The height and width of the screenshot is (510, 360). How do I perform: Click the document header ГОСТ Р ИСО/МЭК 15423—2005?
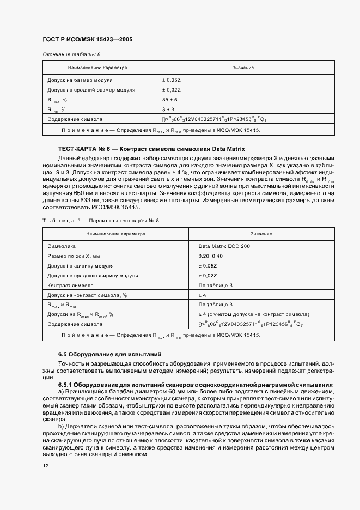pyautogui.click(x=87, y=40)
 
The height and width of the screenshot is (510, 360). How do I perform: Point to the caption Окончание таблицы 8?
pyautogui.click(x=71, y=54)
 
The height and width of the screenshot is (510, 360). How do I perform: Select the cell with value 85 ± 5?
pyautogui.click(x=169, y=99)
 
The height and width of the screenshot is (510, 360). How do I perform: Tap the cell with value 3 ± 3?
pyautogui.click(x=167, y=109)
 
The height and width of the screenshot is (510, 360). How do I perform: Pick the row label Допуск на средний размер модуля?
pyautogui.click(x=91, y=90)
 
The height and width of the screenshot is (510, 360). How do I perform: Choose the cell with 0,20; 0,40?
pyautogui.click(x=210, y=256)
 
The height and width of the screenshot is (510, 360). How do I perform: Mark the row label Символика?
pyautogui.click(x=63, y=246)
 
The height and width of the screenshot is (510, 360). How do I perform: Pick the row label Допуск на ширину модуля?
pyautogui.click(x=81, y=266)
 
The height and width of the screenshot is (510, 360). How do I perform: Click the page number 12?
pyautogui.click(x=46, y=466)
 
